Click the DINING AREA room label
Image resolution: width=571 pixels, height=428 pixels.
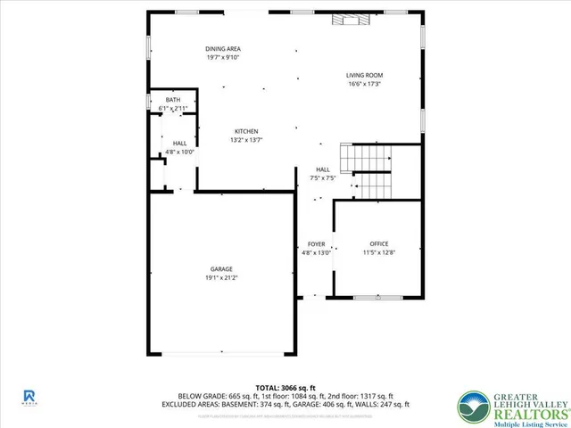coord(223,49)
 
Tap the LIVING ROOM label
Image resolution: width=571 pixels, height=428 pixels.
coord(365,75)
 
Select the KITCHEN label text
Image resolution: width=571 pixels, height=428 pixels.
coord(246,131)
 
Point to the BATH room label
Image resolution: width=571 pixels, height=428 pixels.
coord(172,100)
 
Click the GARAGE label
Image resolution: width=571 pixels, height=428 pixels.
coord(221,268)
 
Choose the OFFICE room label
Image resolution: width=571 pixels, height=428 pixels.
coord(379,243)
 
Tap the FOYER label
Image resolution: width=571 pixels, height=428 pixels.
coord(317,243)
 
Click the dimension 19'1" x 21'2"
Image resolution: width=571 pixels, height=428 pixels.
coord(221,277)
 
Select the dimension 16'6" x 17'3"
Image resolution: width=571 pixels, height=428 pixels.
coord(365,84)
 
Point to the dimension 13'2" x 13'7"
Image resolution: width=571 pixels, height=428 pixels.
coord(246,140)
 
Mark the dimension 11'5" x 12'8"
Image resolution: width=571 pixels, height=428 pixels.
coord(379,252)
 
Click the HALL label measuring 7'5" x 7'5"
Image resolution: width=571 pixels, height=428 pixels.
coord(323,169)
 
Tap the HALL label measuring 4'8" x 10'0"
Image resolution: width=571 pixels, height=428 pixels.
coord(179,143)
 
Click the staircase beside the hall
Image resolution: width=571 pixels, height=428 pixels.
coord(370,170)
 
